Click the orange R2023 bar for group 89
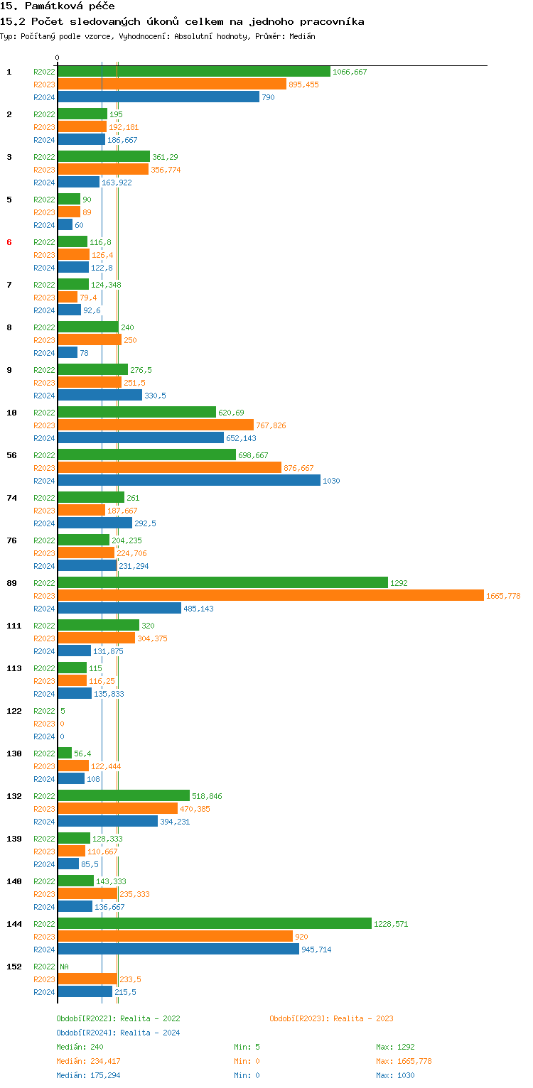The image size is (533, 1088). [x=270, y=596]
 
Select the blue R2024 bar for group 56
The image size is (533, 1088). [x=189, y=481]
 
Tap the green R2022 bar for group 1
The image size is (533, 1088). [x=194, y=72]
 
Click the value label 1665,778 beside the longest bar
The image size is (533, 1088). [x=503, y=596]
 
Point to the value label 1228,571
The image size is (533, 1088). [x=391, y=924]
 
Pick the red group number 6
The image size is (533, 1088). [x=9, y=242]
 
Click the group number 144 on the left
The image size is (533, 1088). [x=14, y=924]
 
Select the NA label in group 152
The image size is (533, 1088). [x=64, y=967]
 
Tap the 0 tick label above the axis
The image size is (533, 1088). [x=58, y=58]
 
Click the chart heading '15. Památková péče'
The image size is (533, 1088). [x=58, y=6]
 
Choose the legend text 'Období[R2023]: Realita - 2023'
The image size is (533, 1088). [x=331, y=1018]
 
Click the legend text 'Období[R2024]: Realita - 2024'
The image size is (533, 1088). [x=118, y=1033]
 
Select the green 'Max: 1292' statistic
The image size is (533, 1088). [x=395, y=1047]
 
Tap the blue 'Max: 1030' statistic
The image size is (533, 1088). [x=395, y=1075]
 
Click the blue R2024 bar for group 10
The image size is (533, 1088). [x=141, y=438]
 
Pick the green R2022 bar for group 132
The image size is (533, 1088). [x=124, y=796]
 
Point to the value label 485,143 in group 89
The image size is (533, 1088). [x=198, y=609]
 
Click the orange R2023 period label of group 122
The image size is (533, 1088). [x=44, y=724]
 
